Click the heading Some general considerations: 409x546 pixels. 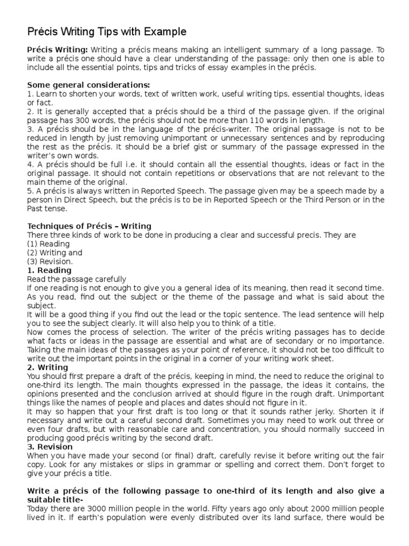pyautogui.click(x=88, y=85)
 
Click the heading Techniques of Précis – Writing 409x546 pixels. pyautogui.click(x=89, y=226)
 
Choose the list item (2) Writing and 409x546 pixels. pyautogui.click(x=54, y=253)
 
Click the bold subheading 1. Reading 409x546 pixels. pyautogui.click(x=48, y=270)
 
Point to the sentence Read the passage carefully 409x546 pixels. pyautogui.click(x=77, y=279)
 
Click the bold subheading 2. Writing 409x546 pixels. pyautogui.click(x=47, y=367)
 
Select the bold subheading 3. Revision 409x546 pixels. pyautogui.click(x=50, y=447)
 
